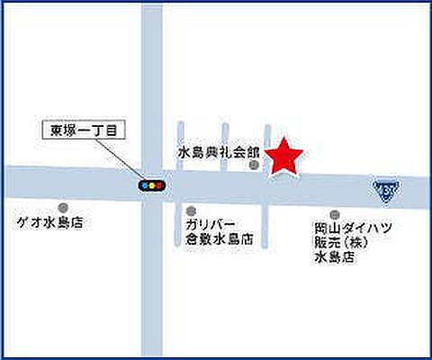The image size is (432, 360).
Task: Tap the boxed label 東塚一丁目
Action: pos(85,130)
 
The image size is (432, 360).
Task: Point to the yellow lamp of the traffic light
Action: pos(151,185)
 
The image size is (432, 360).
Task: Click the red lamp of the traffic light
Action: pos(160,185)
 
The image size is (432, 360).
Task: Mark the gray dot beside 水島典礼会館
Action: pos(255,165)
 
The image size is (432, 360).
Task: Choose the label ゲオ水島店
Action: pos(49,222)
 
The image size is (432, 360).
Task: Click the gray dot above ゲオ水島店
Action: pos(62,207)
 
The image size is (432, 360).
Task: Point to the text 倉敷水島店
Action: pos(219,240)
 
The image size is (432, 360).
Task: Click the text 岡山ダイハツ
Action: pos(353,229)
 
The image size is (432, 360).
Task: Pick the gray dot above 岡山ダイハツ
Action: pos(335,214)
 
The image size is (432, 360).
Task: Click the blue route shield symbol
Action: pos(385,190)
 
